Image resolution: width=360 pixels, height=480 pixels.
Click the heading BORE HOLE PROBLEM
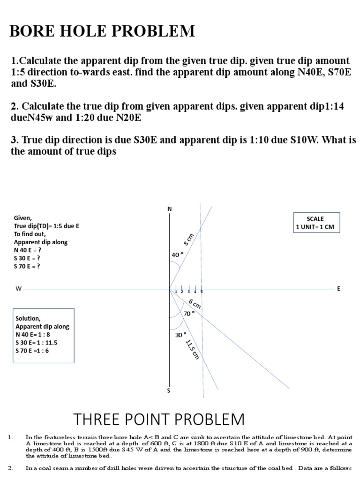point(103,31)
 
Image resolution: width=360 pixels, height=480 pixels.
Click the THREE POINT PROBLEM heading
point(159,419)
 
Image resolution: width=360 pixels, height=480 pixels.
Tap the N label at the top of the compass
point(170,209)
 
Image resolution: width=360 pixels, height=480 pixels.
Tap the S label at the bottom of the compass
point(169,390)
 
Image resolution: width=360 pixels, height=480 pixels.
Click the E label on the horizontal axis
point(338,289)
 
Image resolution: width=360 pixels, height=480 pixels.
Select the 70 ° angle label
point(189,314)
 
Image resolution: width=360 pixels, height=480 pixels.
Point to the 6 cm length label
point(195,303)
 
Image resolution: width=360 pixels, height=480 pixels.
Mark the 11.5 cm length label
point(192,349)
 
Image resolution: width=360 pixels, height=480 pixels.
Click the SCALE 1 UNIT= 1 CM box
point(315,223)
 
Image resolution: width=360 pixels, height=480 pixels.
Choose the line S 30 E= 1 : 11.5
point(37,343)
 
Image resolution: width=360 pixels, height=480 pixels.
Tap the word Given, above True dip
point(23,218)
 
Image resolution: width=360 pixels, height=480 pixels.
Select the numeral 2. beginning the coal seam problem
point(11,467)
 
